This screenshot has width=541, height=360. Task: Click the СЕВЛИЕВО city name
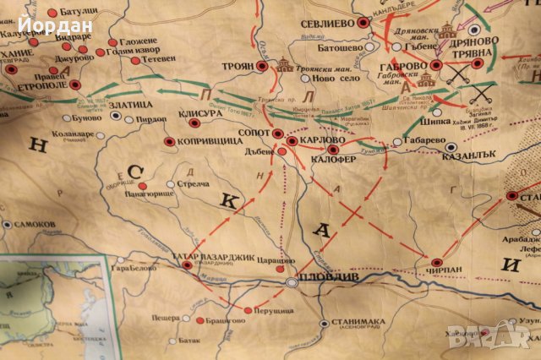pos(326,25)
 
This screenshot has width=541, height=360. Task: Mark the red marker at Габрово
pos(436,65)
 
